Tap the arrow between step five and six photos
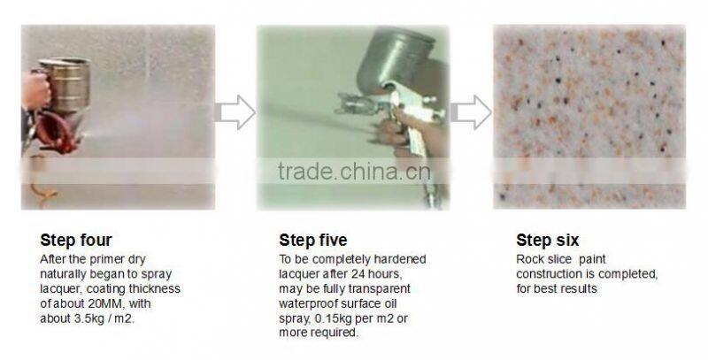[471, 112]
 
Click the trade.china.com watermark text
[353, 171]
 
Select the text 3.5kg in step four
[94, 317]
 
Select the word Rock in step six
[530, 260]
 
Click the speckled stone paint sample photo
[589, 115]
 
